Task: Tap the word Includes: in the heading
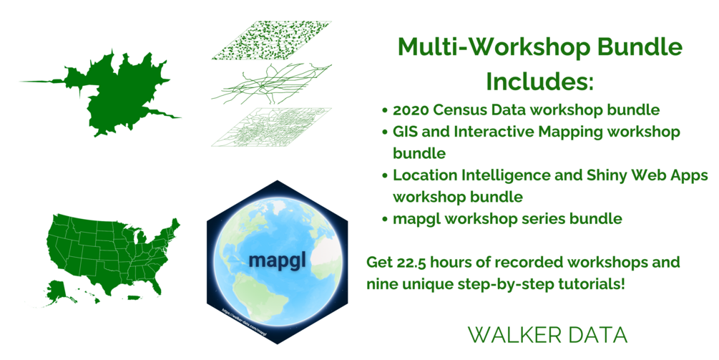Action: point(540,81)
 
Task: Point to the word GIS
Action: point(406,132)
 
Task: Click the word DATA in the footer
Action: point(596,335)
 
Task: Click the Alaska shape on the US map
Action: point(64,286)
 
